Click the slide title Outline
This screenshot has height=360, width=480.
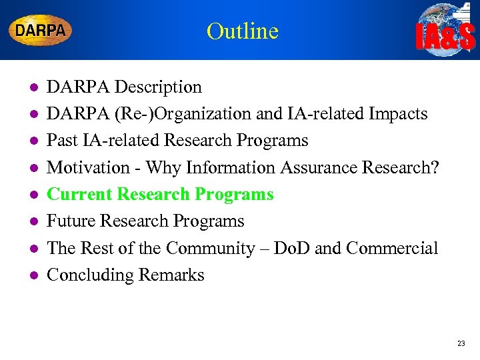point(242,31)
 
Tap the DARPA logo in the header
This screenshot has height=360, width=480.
point(40,31)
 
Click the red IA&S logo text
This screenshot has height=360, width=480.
point(445,37)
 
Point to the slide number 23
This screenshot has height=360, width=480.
point(461,344)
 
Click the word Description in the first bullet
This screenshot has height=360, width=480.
point(158,87)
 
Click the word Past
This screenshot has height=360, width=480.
point(62,141)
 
